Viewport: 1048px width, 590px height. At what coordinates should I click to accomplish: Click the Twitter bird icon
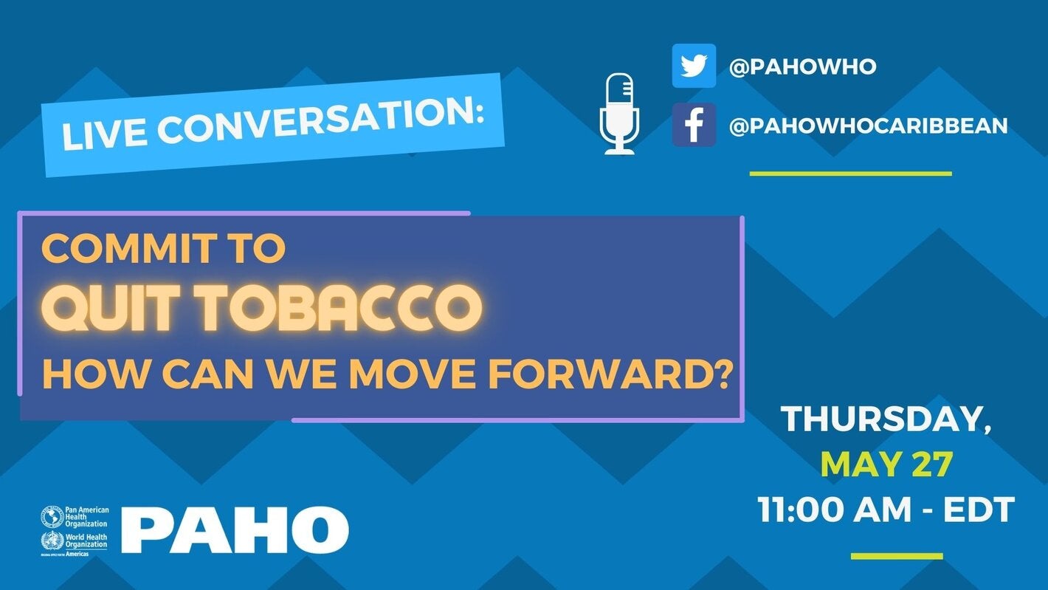(694, 66)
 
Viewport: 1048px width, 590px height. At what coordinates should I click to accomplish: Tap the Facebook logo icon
(694, 125)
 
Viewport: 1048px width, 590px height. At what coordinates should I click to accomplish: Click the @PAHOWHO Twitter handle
(802, 67)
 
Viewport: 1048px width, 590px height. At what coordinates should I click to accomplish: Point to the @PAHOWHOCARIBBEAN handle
(868, 126)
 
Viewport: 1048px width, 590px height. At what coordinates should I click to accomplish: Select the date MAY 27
(886, 464)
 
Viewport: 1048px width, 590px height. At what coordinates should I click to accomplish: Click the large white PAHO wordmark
(235, 530)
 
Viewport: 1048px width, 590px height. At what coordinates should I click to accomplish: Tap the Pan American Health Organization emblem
(52, 516)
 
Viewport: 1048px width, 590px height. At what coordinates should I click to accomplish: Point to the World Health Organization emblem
(52, 541)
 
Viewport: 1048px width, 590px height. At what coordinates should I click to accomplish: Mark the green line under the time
(897, 556)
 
